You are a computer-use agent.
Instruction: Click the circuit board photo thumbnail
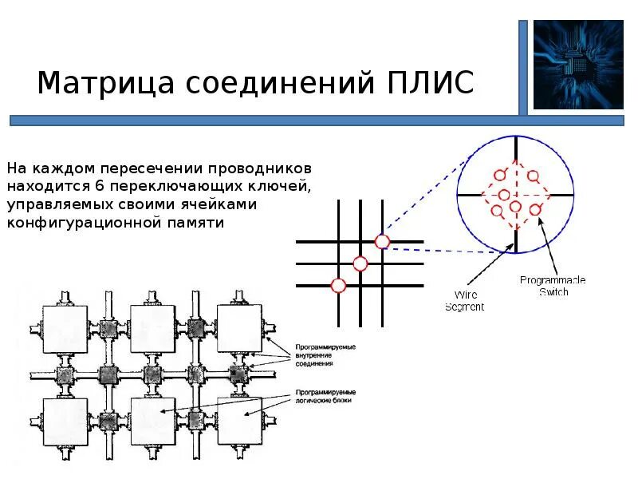[578, 65]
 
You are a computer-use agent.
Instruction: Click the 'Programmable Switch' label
[553, 286]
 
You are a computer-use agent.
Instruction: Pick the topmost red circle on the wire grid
[382, 241]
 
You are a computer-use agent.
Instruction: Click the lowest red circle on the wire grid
[338, 285]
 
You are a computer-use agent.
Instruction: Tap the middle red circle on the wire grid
[360, 263]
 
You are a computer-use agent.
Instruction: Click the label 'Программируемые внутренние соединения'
[325, 354]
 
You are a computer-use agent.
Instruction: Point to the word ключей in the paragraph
[278, 188]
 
